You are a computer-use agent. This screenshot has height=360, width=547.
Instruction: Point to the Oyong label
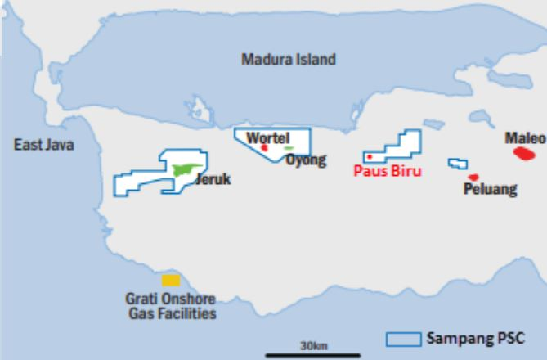306,159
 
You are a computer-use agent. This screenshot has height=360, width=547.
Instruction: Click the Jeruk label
213,179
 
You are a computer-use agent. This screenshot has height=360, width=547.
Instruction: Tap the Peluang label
490,190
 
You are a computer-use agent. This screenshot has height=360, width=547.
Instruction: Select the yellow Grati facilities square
171,280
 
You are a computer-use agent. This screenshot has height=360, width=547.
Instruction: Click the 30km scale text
313,345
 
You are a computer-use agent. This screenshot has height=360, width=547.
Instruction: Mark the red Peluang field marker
473,178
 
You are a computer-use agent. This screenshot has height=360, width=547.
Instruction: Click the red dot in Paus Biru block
370,156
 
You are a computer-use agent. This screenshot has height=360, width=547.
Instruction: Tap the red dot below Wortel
264,148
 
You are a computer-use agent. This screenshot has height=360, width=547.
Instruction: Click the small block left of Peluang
457,164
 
